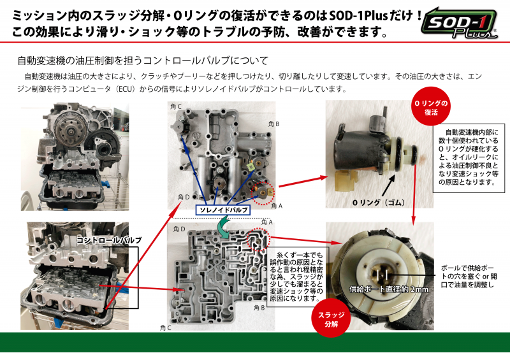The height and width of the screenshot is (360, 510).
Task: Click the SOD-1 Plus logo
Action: pyautogui.click(x=459, y=24)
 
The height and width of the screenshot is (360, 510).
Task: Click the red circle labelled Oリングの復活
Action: pyautogui.click(x=431, y=107)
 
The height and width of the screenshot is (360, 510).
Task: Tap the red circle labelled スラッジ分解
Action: pyautogui.click(x=331, y=319)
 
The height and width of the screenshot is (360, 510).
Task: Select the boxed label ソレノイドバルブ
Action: pyautogui.click(x=223, y=210)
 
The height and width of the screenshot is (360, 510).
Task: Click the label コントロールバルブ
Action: pyautogui.click(x=108, y=240)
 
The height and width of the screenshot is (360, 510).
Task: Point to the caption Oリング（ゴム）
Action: pyautogui.click(x=379, y=203)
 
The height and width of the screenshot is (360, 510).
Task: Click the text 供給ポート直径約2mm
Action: pyautogui.click(x=389, y=289)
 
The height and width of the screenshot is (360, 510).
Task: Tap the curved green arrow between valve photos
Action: pyautogui.click(x=224, y=227)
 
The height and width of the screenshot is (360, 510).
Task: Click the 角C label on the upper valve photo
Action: pyautogui.click(x=176, y=106)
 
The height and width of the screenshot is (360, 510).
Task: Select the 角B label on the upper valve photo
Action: pyautogui.click(x=274, y=124)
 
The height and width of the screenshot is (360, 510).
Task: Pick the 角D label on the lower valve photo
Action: pyautogui.click(x=179, y=229)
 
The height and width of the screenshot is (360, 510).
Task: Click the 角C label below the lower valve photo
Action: pyautogui.click(x=166, y=328)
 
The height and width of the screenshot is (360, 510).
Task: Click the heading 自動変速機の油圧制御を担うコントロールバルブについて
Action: pyautogui.click(x=143, y=61)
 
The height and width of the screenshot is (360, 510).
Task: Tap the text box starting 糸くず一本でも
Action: pyautogui.click(x=296, y=277)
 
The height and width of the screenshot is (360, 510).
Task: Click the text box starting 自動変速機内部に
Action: pyautogui.click(x=469, y=158)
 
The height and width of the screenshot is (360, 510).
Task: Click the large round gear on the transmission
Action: pyautogui.click(x=69, y=131)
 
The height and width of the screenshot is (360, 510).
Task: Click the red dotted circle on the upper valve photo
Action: pyautogui.click(x=263, y=193)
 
